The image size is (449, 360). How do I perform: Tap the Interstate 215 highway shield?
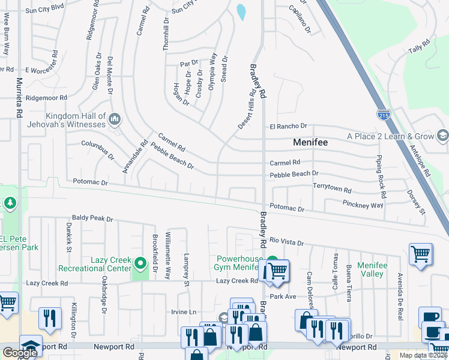pos(382,113)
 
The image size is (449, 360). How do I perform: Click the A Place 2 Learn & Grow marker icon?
pos(442,136)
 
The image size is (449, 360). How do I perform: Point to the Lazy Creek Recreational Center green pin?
pos(140,263)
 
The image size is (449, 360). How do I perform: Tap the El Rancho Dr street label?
pos(288,127)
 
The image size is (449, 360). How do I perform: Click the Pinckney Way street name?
pos(363,205)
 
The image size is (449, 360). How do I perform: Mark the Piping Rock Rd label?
pos(379,174)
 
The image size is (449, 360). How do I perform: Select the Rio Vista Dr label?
pos(288,242)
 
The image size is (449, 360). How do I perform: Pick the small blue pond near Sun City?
pos(241,12)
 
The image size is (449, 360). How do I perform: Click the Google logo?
pos(20,353)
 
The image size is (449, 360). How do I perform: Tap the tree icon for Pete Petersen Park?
pos(10,204)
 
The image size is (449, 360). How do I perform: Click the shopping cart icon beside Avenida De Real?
pos(420,254)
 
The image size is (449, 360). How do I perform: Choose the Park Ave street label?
pos(283,296)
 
